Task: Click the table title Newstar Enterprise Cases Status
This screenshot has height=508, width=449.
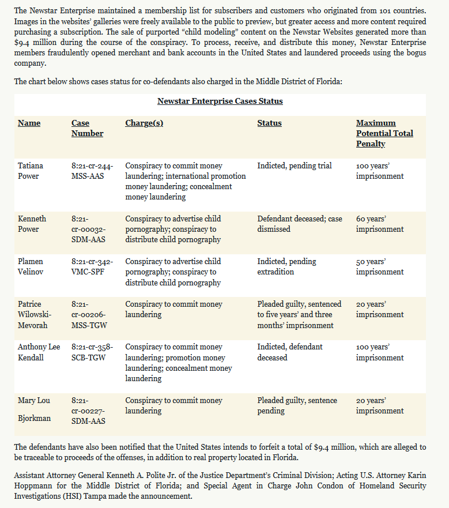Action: click(x=220, y=101)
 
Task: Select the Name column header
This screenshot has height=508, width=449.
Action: click(x=29, y=123)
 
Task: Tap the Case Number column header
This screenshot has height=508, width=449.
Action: click(x=87, y=128)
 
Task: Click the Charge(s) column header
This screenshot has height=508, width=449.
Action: click(x=144, y=123)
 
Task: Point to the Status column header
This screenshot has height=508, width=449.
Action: click(x=269, y=123)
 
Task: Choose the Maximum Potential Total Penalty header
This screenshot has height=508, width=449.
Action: click(x=384, y=133)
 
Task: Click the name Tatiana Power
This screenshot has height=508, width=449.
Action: click(x=31, y=171)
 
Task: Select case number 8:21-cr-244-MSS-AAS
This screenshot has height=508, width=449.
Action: click(x=92, y=171)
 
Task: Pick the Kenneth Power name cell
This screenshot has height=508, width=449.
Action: click(x=32, y=224)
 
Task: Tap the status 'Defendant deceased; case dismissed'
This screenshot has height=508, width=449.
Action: click(x=299, y=224)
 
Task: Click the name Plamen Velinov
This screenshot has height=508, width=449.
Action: click(x=31, y=266)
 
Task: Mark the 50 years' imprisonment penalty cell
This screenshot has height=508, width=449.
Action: click(x=379, y=266)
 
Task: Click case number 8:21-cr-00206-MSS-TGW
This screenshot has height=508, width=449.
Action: click(x=89, y=315)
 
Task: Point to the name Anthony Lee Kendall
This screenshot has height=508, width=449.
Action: click(x=39, y=352)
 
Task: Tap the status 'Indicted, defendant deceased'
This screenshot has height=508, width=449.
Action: click(x=289, y=352)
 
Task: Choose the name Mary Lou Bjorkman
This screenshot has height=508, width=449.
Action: click(x=34, y=409)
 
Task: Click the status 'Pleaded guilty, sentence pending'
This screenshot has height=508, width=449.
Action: click(x=297, y=405)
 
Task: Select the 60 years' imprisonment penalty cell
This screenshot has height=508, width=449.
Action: click(x=379, y=224)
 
